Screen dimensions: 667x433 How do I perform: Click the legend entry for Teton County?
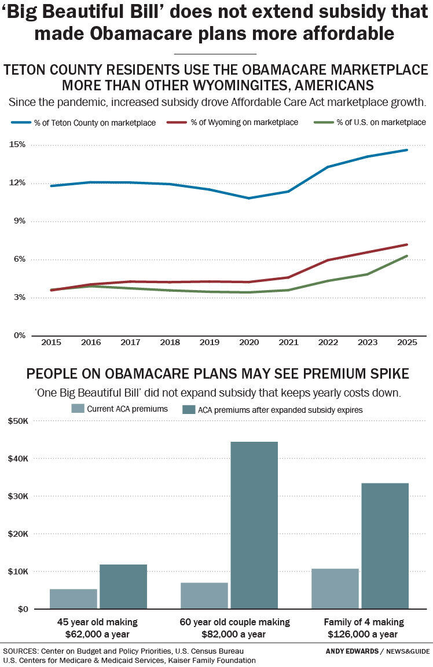tap(83, 122)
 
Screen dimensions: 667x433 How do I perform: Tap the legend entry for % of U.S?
tap(370, 122)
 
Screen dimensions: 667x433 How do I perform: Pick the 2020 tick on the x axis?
tap(249, 342)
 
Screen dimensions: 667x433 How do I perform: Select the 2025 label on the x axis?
tap(407, 342)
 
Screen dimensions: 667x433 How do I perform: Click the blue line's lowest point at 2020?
tap(249, 198)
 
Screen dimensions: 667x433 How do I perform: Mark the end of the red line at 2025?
tap(407, 244)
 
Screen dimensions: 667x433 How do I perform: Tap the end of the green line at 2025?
tap(407, 256)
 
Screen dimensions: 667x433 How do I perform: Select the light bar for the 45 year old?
tap(73, 599)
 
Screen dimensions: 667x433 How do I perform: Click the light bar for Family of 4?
tap(335, 588)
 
